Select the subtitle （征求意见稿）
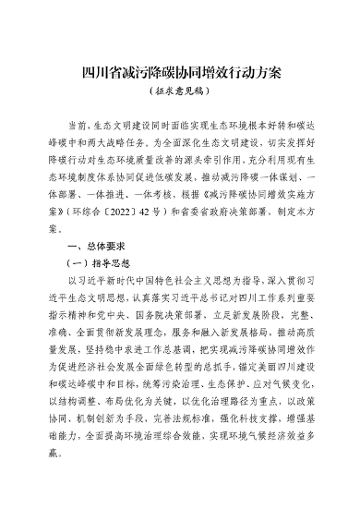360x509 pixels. click(x=179, y=92)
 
